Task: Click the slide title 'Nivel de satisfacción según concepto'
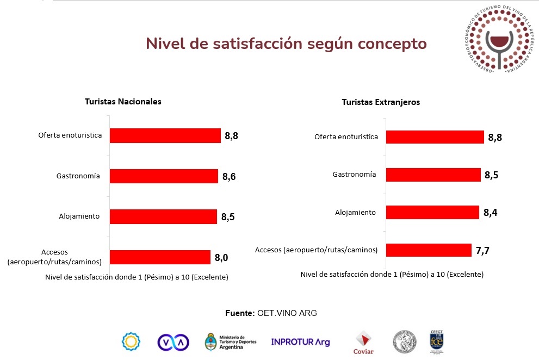pos(286,44)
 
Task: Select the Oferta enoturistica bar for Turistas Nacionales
pos(165,135)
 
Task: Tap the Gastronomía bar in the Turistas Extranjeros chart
pos(433,175)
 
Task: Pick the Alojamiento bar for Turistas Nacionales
pos(163,216)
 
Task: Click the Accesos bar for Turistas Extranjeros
pos(429,250)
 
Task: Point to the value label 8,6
pos(228,176)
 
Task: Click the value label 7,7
pos(482,250)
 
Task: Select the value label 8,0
pos(221,257)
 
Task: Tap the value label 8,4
pos(490,212)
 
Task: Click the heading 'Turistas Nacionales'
pos(123,102)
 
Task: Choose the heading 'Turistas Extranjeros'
pos(381,102)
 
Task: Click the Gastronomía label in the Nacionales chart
pos(78,176)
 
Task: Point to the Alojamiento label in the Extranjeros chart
pos(355,212)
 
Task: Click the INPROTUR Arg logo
pos(300,342)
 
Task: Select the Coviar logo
pos(363,342)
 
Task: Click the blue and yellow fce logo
pos(437,341)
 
